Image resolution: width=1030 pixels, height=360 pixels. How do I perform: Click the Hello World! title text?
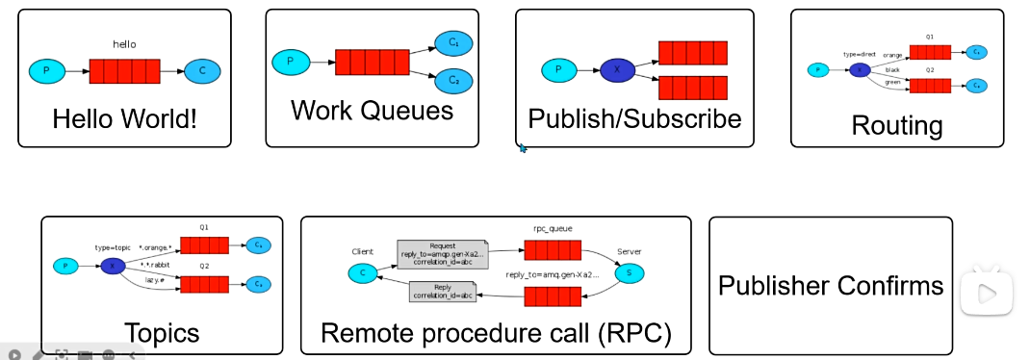(124, 119)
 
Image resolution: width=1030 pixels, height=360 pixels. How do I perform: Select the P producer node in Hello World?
(46, 71)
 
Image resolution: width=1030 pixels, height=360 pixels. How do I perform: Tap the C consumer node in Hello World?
(202, 71)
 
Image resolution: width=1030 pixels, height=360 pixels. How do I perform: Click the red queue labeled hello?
(123, 71)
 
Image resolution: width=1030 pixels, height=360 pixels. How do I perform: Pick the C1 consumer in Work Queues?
(452, 43)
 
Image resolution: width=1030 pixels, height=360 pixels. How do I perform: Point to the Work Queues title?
(372, 111)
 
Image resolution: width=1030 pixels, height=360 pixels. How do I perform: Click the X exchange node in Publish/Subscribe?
(617, 70)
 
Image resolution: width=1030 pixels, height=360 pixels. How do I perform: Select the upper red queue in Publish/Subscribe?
(692, 52)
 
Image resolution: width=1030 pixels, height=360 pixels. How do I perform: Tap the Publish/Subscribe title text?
(634, 119)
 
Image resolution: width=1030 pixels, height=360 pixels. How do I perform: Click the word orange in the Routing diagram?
(892, 55)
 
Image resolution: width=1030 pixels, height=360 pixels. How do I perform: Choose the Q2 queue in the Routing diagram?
(930, 86)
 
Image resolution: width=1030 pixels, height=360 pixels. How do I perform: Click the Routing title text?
(897, 125)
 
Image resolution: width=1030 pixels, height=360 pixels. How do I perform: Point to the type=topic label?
(114, 248)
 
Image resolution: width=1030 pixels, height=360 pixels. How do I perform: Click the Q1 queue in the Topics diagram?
(204, 244)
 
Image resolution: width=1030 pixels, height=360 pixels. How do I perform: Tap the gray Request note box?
(443, 254)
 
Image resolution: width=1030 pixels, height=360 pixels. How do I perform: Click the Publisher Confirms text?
(831, 286)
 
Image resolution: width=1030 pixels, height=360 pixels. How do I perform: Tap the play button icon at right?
(987, 291)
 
